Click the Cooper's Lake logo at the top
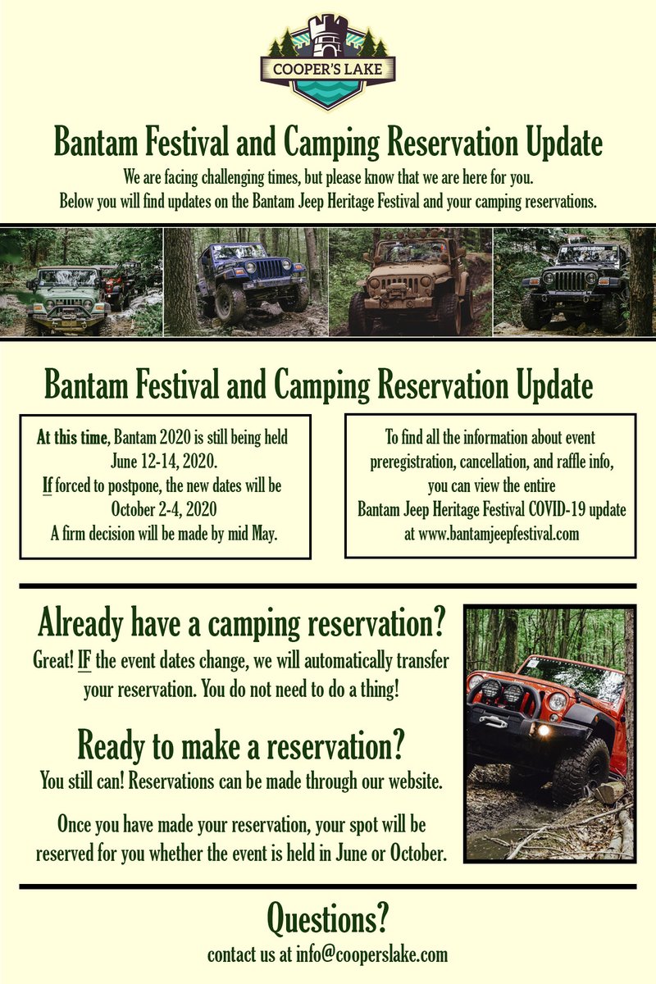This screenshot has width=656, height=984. click(327, 62)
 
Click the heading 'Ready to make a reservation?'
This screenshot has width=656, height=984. click(241, 745)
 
